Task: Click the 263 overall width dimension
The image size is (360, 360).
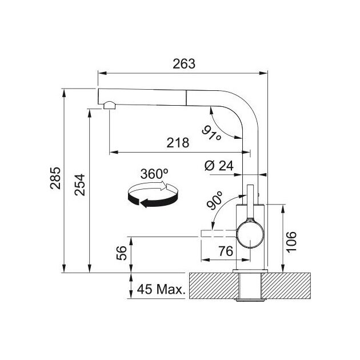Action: pos(184,64)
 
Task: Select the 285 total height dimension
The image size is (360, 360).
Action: pos(55,178)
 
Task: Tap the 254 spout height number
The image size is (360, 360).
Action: pos(79,185)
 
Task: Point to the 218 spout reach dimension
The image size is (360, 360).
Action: pos(178,143)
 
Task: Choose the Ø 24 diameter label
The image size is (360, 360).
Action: pos(219,166)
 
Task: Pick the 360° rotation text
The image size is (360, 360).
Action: pos(154,174)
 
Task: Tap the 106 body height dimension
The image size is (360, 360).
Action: pos(291,242)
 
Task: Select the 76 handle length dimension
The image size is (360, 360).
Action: pos(226,251)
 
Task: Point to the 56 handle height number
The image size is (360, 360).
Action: pos(122,253)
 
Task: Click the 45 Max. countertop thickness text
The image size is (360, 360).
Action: pos(161,289)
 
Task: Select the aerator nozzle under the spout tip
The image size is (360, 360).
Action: pos(110,105)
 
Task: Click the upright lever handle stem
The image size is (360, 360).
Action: pos(250,202)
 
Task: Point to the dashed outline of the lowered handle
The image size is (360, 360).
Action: pos(219,233)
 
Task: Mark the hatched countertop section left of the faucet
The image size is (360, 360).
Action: pos(214,286)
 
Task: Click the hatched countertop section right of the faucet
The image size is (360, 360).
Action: pos(286,286)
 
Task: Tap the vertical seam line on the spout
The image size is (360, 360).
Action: pos(186,98)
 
